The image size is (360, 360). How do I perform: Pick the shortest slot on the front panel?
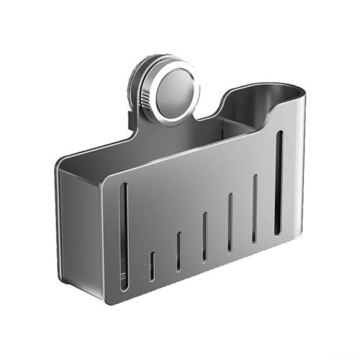point(151,266)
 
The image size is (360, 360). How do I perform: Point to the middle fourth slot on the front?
point(204,238)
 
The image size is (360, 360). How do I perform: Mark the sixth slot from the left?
point(254,209)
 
